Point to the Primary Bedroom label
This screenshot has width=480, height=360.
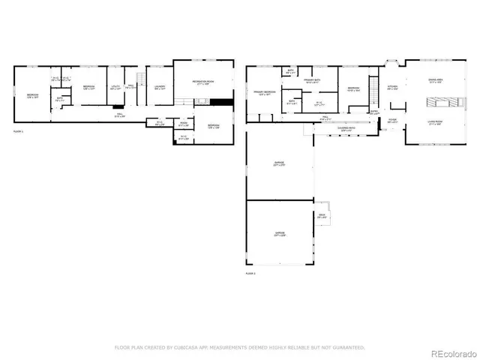click(262, 93)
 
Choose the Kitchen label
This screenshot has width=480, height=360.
click(392, 87)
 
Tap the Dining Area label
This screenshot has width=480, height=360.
click(436, 81)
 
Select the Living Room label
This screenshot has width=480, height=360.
click(436, 124)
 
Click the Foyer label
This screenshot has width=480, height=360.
click(392, 119)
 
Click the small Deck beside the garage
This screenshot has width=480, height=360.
click(322, 217)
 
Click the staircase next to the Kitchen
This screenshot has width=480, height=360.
click(373, 84)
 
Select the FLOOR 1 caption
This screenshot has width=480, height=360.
click(19, 131)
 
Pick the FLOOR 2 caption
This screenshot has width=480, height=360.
click(250, 274)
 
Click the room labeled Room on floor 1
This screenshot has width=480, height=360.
click(184, 124)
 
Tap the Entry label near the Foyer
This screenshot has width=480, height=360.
click(375, 113)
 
